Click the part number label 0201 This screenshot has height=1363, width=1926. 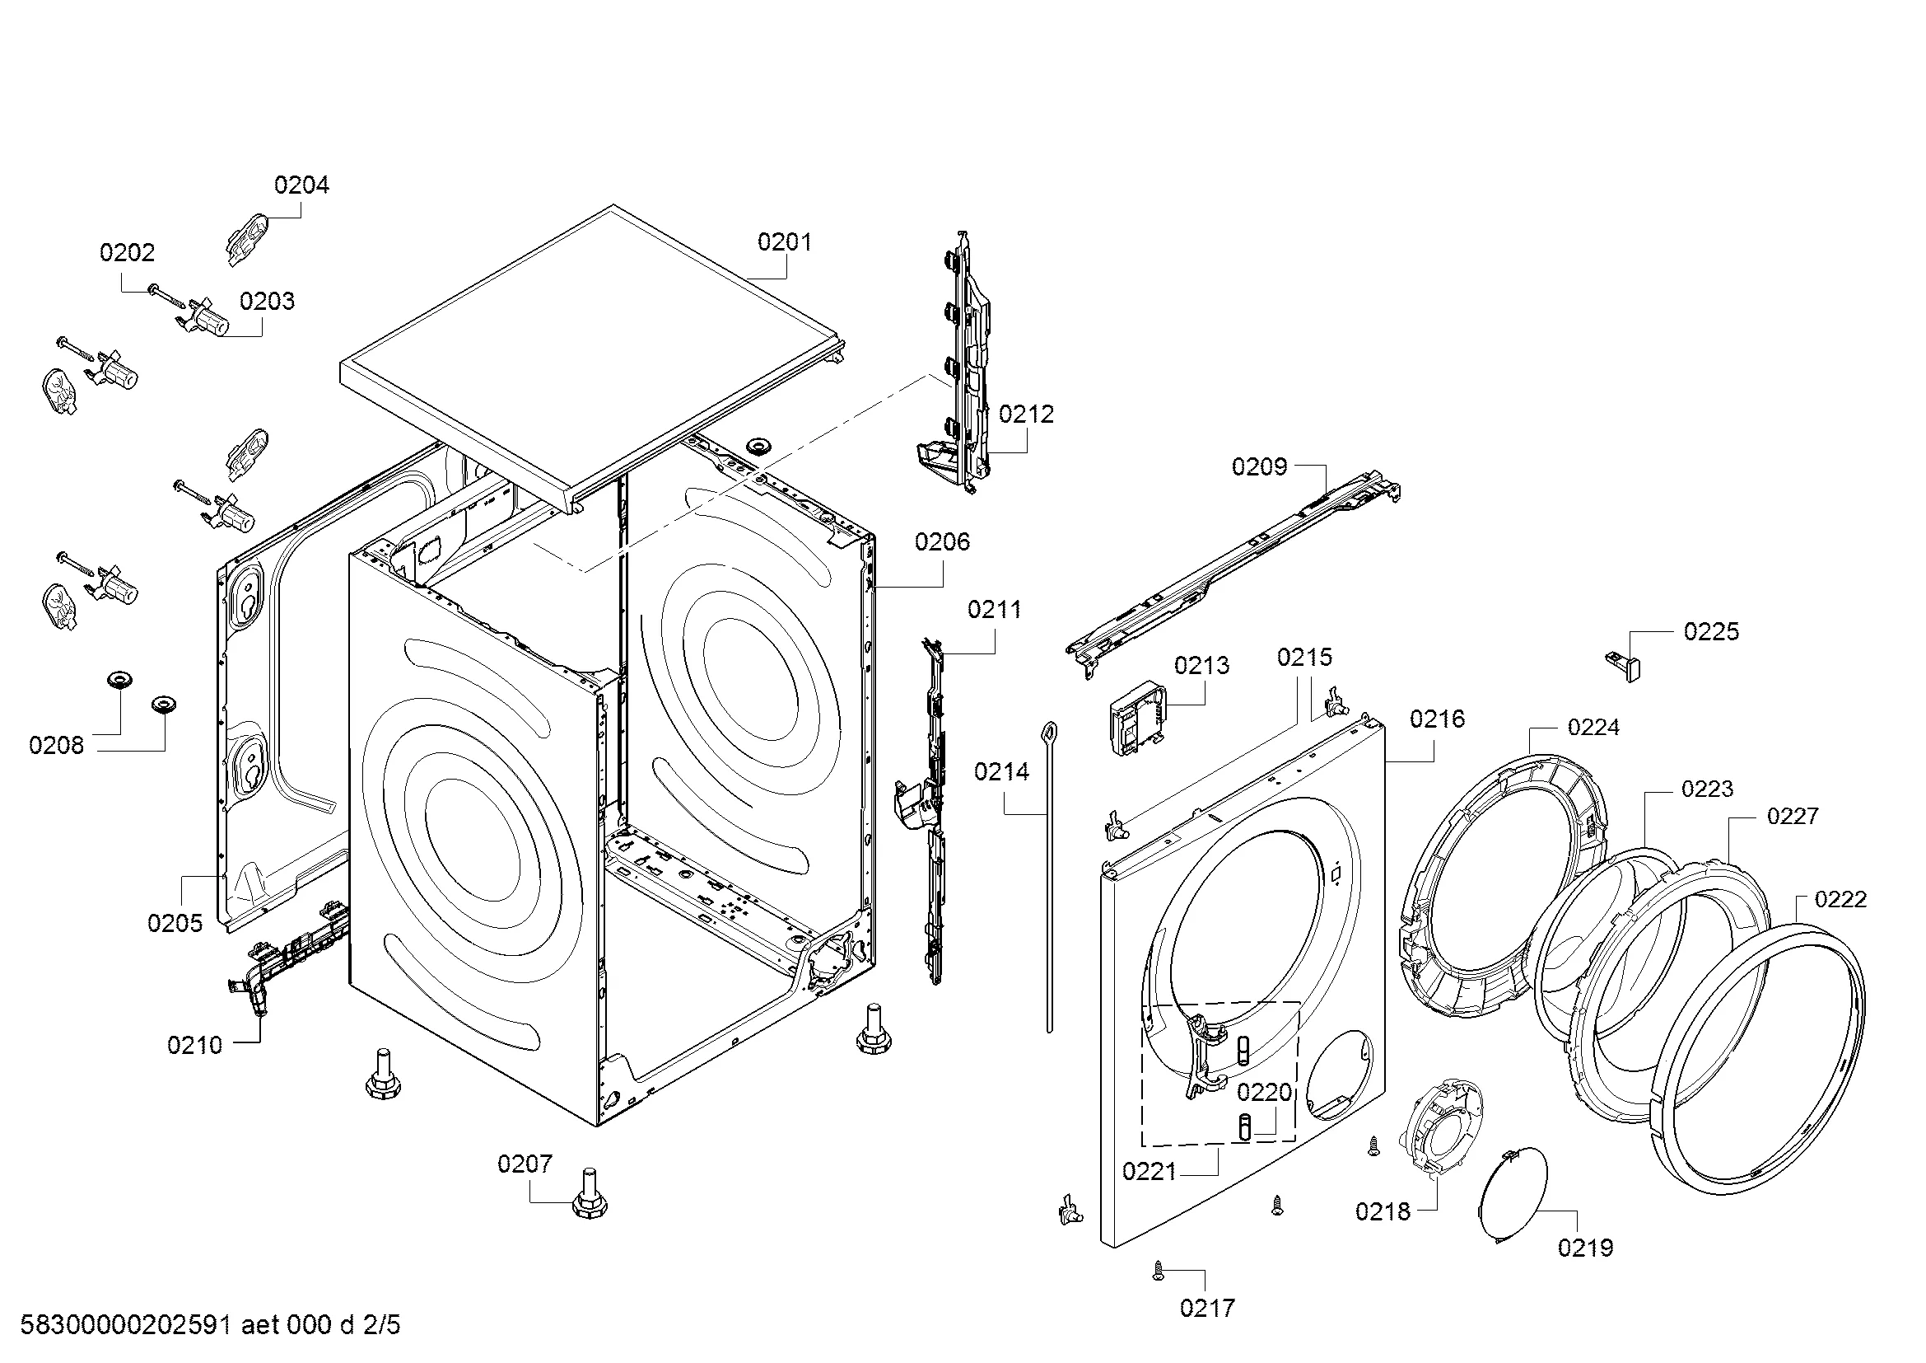click(785, 242)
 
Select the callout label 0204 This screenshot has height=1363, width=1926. click(302, 185)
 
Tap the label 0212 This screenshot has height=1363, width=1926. click(1026, 414)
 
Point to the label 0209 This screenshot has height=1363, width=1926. click(1259, 466)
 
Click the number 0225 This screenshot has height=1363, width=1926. click(1711, 631)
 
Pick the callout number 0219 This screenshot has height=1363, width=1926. click(1585, 1248)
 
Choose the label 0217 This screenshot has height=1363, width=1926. click(1207, 1308)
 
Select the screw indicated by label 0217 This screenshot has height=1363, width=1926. click(1159, 1271)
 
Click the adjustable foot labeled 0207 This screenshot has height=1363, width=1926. click(590, 1192)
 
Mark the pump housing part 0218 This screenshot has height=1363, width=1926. click(1439, 1129)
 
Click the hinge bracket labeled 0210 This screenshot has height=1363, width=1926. click(289, 958)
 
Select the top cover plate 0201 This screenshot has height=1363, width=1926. click(593, 357)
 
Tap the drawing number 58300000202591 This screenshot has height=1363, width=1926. click(125, 1325)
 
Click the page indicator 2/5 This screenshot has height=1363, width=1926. click(381, 1325)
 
